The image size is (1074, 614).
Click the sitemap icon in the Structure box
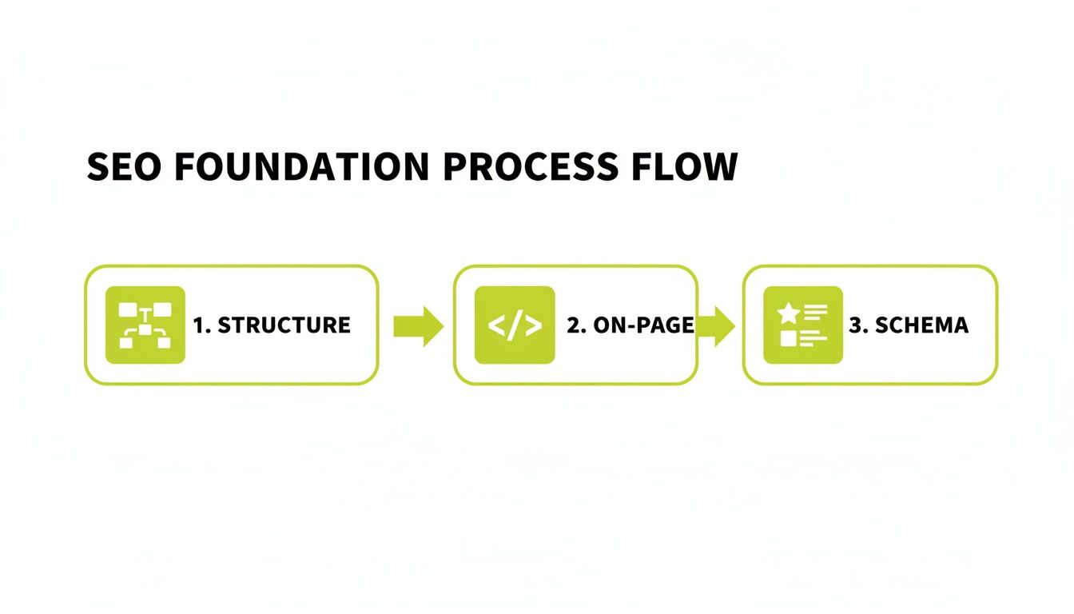click(145, 325)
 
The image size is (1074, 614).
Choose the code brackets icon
click(515, 325)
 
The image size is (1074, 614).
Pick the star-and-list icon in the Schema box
click(802, 325)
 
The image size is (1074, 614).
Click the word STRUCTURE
click(284, 325)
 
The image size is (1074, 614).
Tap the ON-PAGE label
click(642, 325)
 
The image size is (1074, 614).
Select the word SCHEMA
click(921, 325)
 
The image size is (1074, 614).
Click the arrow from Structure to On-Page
click(418, 325)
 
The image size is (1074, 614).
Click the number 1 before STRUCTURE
click(200, 325)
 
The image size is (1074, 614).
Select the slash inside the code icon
click(515, 325)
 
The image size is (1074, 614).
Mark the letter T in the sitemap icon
click(145, 313)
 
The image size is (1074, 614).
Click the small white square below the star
click(789, 338)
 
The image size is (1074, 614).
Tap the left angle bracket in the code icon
click(495, 325)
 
